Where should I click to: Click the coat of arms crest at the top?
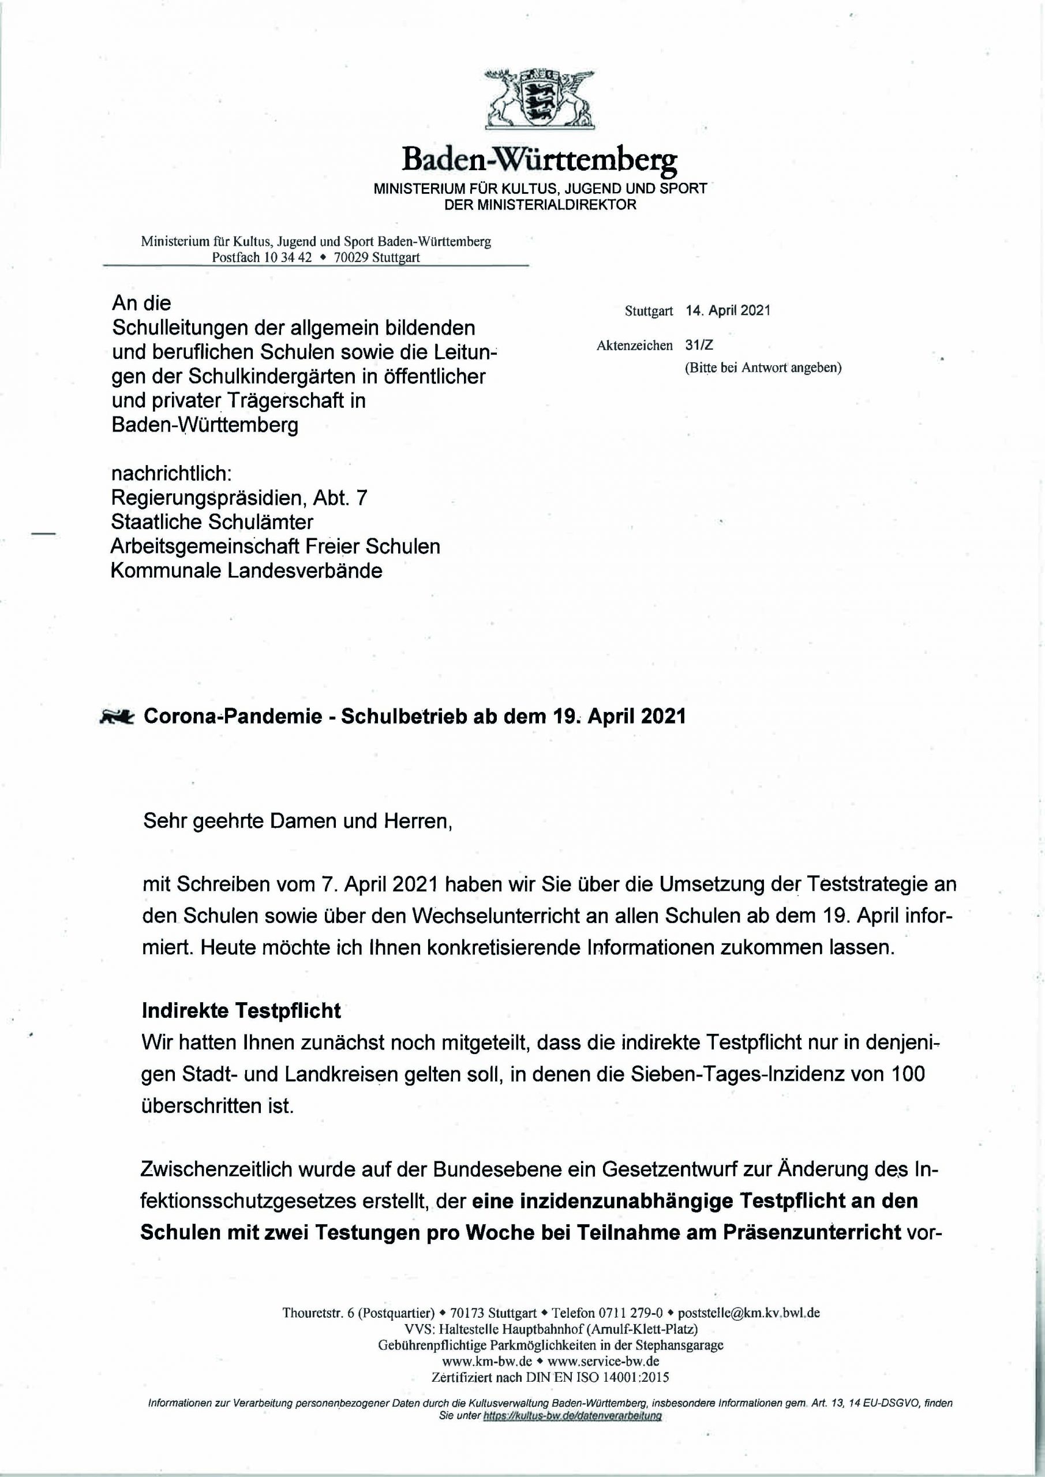539,97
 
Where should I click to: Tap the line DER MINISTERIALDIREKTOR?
540,205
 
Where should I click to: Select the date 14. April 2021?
728,311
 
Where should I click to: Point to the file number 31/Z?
699,346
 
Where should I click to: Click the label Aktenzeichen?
635,346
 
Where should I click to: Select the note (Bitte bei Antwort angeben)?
763,368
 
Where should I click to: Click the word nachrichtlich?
171,474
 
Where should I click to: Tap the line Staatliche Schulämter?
212,522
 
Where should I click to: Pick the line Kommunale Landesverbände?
246,571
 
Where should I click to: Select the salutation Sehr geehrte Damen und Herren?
297,821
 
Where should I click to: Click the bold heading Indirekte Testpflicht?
241,1011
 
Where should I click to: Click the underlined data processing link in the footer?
572,1416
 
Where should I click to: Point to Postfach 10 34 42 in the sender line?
262,257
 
